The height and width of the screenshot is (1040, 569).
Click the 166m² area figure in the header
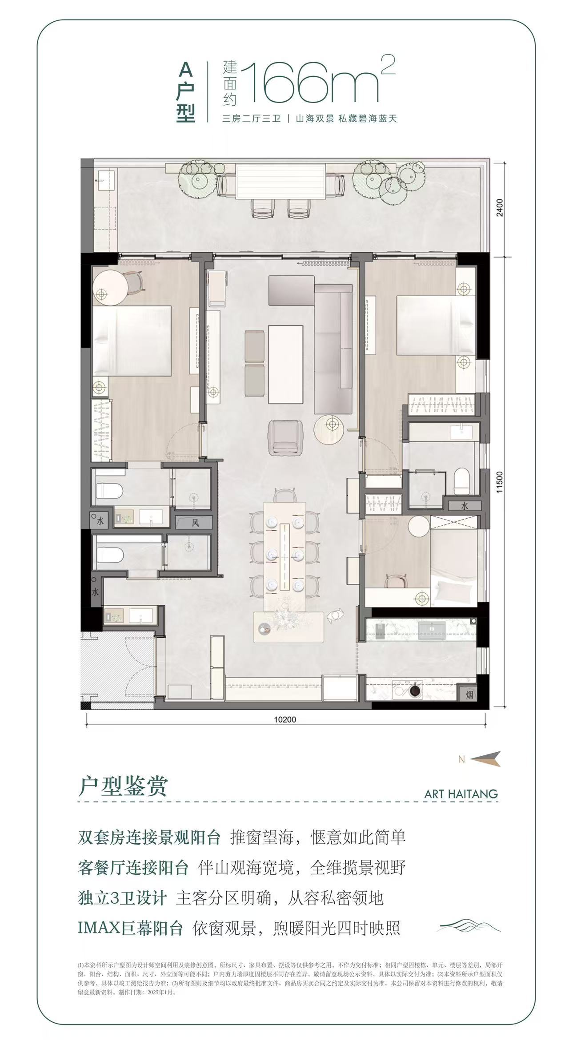click(x=311, y=82)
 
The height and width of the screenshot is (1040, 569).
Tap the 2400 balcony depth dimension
click(x=500, y=207)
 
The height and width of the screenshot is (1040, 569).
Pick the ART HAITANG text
click(x=461, y=794)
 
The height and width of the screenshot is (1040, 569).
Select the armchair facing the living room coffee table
click(x=285, y=438)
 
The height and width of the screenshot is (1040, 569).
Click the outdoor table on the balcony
click(x=281, y=182)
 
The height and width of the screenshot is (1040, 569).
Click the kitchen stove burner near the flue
click(x=415, y=691)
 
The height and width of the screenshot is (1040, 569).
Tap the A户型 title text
click(x=186, y=91)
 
